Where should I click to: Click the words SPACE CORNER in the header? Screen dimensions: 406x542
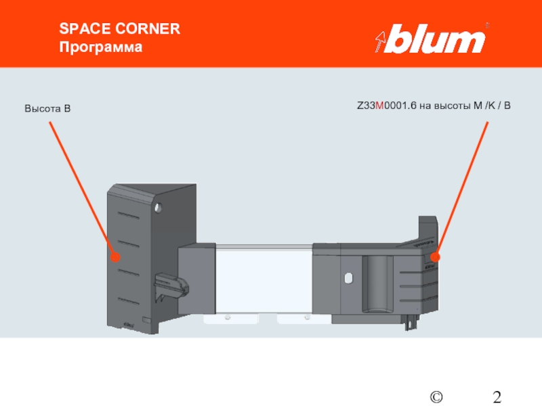point(119,29)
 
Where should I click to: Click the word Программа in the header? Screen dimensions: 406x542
point(101,48)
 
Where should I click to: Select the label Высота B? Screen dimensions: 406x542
point(48,108)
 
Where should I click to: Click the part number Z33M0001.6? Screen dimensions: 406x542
point(390,106)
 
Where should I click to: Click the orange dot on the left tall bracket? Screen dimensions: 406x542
point(115,257)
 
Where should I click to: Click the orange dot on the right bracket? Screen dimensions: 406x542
point(435,257)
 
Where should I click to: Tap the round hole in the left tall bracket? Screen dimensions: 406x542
point(158,205)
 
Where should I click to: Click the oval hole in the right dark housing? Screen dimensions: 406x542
point(348,278)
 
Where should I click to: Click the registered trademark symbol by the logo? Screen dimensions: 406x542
point(486,26)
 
